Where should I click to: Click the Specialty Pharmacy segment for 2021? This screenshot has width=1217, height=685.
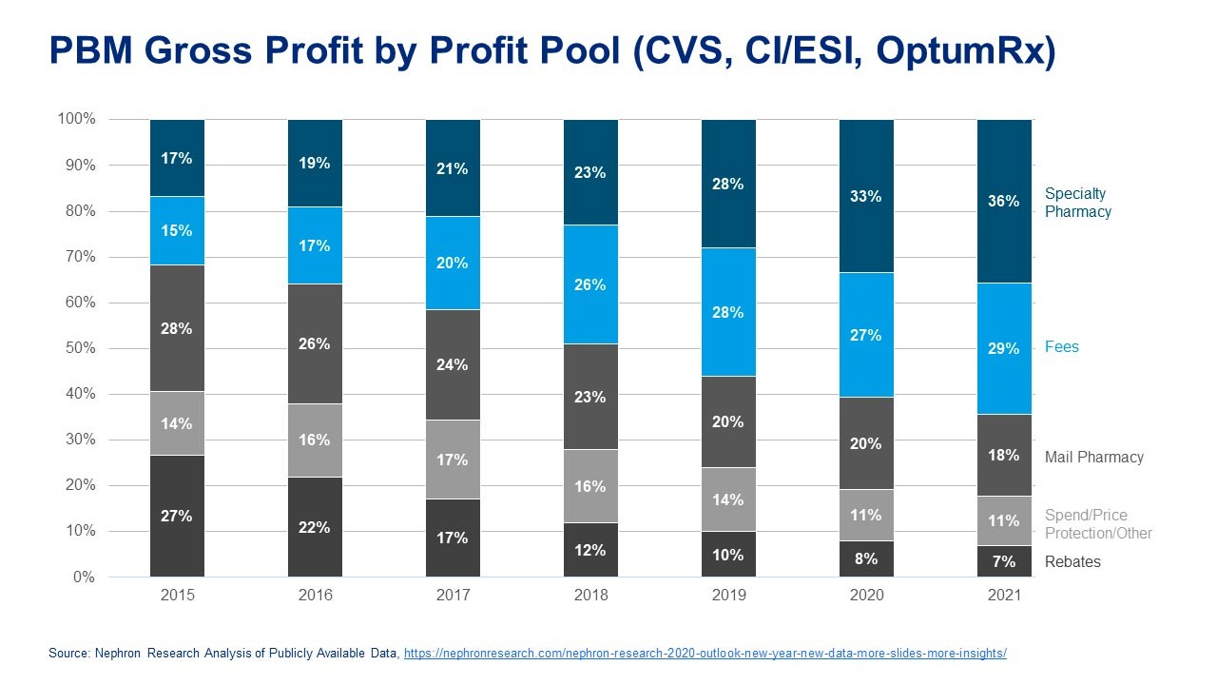[1004, 201]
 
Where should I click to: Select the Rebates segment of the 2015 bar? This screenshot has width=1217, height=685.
[178, 516]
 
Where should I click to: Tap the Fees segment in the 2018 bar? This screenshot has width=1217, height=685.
[590, 284]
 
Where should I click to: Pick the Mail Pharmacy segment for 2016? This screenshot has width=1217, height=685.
[315, 343]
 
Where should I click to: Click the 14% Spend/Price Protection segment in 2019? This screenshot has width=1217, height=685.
[728, 499]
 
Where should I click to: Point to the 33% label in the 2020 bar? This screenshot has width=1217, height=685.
[866, 197]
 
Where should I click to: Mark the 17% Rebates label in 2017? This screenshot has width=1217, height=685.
[453, 538]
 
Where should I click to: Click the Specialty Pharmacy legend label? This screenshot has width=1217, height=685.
[1077, 203]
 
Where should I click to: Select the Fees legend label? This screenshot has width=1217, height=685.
[1062, 346]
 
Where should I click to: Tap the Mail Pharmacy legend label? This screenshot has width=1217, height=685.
[1093, 457]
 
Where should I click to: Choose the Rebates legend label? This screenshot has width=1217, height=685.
[1072, 561]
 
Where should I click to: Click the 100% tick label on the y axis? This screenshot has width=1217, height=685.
[76, 119]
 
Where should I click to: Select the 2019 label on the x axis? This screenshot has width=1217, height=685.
[728, 596]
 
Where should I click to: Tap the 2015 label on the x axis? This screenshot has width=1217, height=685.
[178, 596]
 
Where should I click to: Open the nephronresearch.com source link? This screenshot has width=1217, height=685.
[705, 654]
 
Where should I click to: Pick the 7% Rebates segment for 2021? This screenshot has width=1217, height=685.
[1004, 561]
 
